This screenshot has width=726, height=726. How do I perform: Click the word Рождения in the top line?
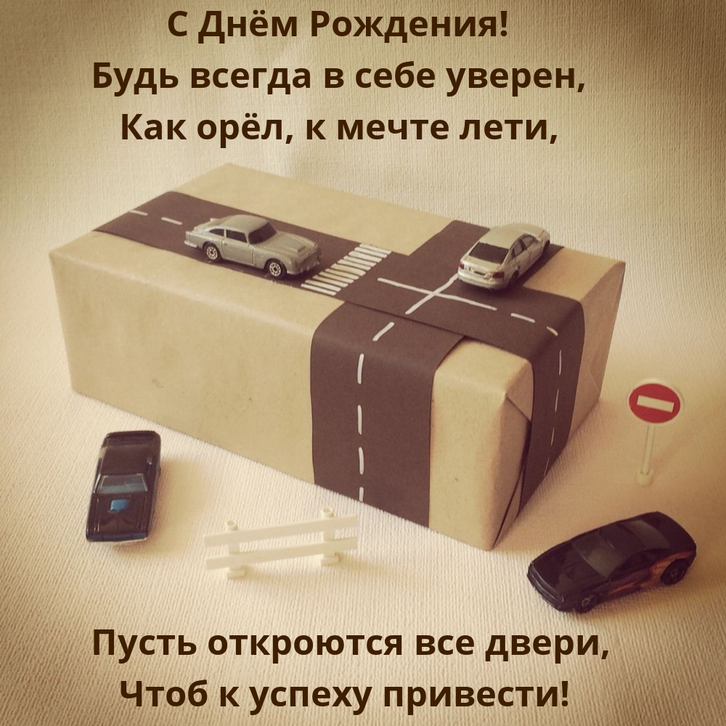click(408, 28)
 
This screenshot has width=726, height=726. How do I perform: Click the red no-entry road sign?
click(654, 401)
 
